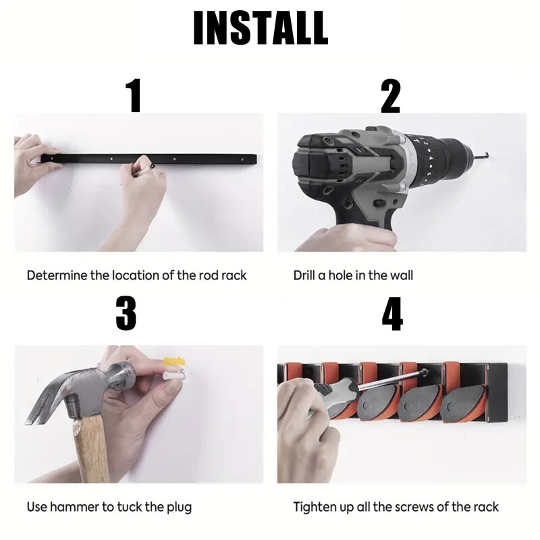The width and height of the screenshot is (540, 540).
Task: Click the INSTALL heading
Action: coord(261,28)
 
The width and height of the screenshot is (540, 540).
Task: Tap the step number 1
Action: coord(134,95)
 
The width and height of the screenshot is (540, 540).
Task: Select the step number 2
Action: coord(391,96)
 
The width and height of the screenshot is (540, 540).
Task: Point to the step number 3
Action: coord(126,314)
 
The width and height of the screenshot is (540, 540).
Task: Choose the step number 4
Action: coord(392,314)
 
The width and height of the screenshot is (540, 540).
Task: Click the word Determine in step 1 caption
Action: coord(57,275)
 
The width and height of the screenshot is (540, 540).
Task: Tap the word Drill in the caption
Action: coord(304,275)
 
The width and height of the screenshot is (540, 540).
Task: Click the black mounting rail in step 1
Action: coord(148,159)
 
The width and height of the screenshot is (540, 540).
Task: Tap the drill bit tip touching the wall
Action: coord(489,155)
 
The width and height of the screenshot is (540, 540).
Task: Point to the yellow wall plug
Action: coord(173,361)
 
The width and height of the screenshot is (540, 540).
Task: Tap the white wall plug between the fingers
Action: coord(173,376)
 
